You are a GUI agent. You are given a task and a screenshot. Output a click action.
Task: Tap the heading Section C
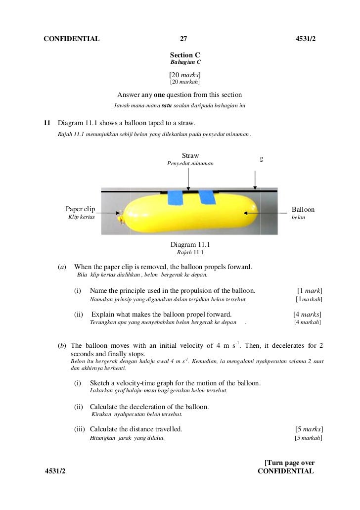pyautogui.click(x=185, y=55)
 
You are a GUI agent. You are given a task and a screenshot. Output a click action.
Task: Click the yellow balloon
pyautogui.click(x=193, y=216)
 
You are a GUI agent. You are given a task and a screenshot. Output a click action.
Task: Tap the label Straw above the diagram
pyautogui.click(x=190, y=156)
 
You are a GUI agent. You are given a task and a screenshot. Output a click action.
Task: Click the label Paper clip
pyautogui.click(x=81, y=210)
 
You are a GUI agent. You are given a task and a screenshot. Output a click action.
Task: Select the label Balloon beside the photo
pyautogui.click(x=303, y=210)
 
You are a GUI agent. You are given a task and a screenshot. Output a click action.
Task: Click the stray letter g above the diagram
pyautogui.click(x=261, y=159)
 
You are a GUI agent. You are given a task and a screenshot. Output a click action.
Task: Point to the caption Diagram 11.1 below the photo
pyautogui.click(x=190, y=244)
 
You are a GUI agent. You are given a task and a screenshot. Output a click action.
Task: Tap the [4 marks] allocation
pyautogui.click(x=307, y=314)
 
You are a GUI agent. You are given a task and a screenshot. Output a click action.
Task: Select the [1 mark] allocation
pyautogui.click(x=310, y=290)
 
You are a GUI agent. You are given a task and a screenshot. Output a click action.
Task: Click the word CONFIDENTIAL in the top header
pyautogui.click(x=72, y=39)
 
